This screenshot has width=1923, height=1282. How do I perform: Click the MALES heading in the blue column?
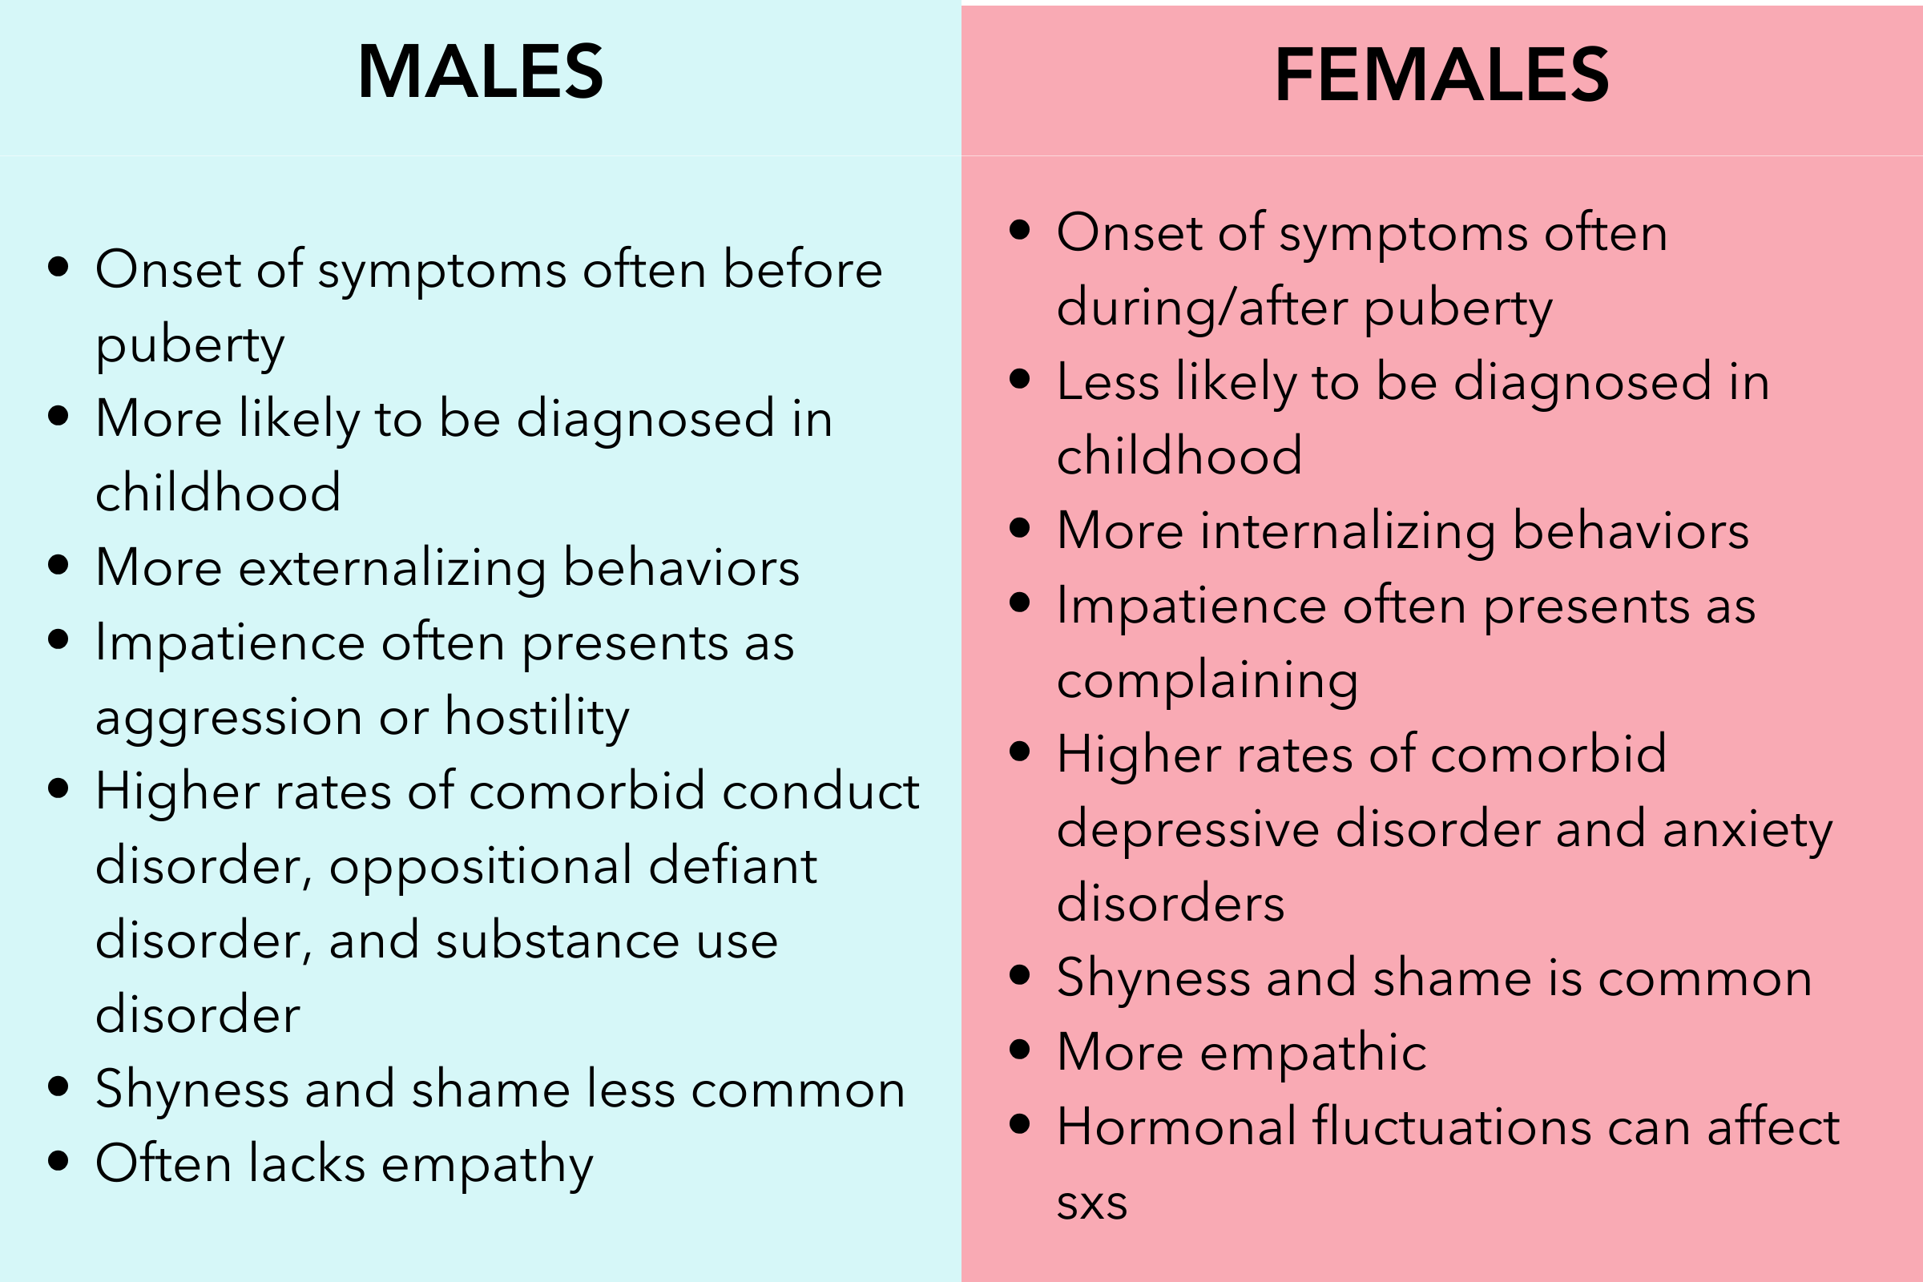[481, 72]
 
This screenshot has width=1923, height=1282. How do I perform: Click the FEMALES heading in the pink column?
[1442, 75]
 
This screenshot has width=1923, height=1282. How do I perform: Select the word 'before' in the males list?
[803, 269]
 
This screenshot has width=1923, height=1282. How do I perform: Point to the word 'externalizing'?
[393, 567]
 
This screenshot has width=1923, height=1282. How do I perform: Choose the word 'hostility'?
[537, 717]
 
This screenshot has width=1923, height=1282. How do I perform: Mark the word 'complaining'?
[1207, 680]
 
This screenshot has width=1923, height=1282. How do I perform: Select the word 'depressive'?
[1188, 829]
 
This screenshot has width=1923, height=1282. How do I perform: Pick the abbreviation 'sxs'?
[1092, 1203]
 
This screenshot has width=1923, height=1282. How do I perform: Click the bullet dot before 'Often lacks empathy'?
[58, 1162]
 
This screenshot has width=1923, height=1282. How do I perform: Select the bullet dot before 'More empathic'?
[1019, 1050]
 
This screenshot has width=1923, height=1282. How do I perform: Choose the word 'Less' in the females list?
[1108, 382]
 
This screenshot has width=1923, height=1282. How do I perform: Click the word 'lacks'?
[307, 1163]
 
